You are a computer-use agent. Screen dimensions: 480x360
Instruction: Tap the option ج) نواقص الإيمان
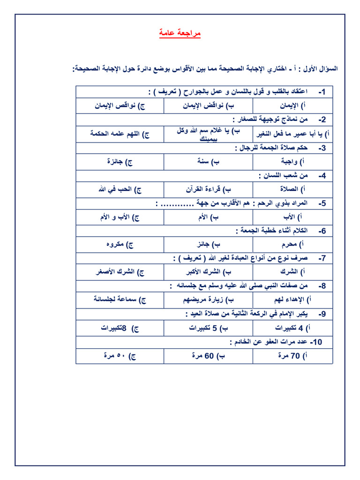[120, 106]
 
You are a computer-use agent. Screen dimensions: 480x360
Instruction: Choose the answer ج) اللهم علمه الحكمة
[120, 134]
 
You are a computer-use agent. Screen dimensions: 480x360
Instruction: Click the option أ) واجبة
[295, 162]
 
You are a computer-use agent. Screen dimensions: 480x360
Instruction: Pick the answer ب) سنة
[209, 162]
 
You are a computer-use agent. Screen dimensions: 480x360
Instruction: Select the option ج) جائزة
[120, 162]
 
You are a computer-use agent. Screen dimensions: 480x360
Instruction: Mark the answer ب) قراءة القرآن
[209, 189]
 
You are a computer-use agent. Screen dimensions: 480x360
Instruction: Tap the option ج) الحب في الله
[120, 189]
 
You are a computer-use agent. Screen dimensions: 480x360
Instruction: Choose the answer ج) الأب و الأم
[120, 217]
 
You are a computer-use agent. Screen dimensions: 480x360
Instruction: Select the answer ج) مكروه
[120, 245]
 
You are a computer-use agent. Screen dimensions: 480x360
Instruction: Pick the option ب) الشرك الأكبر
[209, 272]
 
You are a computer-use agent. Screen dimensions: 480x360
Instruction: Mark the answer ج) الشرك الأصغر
[120, 272]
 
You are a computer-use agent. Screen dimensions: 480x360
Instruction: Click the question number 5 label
[322, 203]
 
